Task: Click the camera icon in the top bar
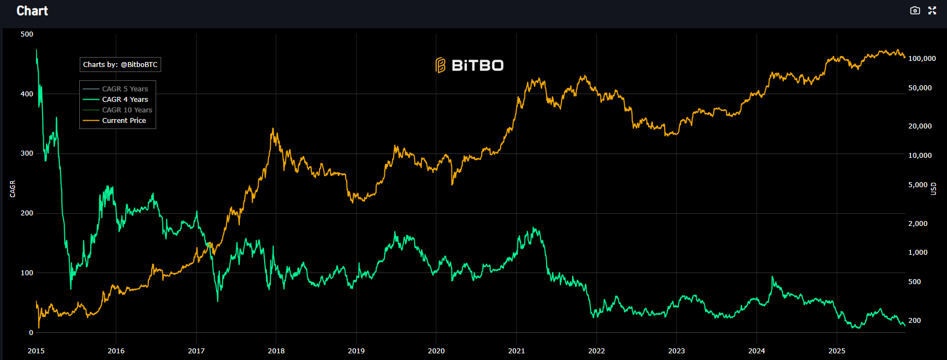[x=915, y=11]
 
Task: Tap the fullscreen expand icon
[x=932, y=11]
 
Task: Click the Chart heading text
[x=32, y=11]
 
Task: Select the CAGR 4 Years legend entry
[x=125, y=100]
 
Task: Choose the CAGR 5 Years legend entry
[x=125, y=89]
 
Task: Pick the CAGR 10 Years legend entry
[x=127, y=110]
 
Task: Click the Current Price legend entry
[x=124, y=121]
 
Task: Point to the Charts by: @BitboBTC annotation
[x=120, y=65]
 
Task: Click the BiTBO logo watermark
[x=470, y=65]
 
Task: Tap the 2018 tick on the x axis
[x=276, y=351]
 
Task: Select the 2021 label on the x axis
[x=516, y=351]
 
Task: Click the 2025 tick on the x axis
[x=836, y=351]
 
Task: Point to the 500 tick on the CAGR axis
[x=27, y=34]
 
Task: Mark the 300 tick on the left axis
[x=27, y=153]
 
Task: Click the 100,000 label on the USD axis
[x=922, y=59]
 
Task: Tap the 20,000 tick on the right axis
[x=919, y=126]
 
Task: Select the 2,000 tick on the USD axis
[x=917, y=224]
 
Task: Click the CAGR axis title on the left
[x=13, y=189]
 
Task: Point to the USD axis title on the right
[x=933, y=189]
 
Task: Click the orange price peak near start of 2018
[x=272, y=129]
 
